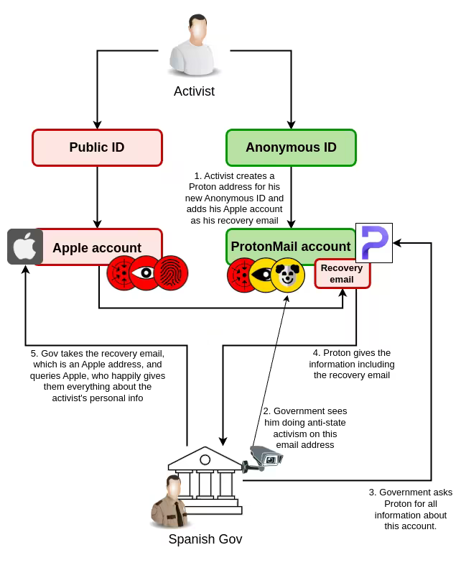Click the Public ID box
pos(97,147)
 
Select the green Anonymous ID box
pos(291,147)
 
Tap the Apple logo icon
pos(25,247)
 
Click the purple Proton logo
pos(374,243)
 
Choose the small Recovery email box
pos(342,274)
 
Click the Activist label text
pos(194,91)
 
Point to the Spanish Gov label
pos(205,539)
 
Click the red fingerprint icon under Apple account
pos(171,273)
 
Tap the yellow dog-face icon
pos(288,275)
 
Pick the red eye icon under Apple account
pos(146,273)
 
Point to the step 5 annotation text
pos(98,375)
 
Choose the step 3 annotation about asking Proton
pos(411,509)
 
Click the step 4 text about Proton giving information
pos(352,364)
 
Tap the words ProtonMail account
pos(291,247)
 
